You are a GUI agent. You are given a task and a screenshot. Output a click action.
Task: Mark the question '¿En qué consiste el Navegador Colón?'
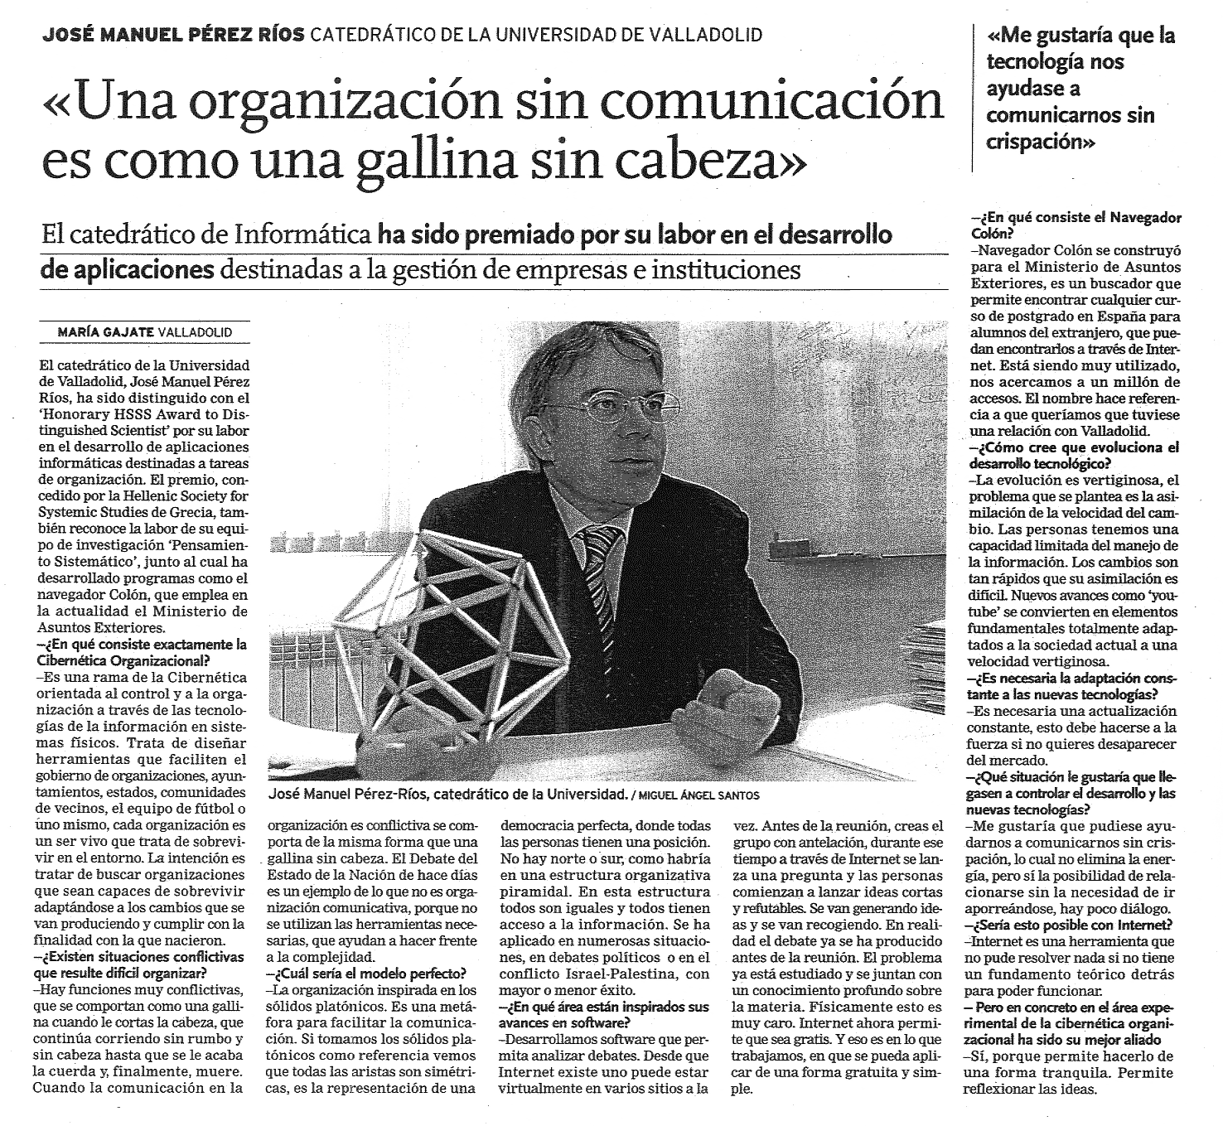(1076, 225)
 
